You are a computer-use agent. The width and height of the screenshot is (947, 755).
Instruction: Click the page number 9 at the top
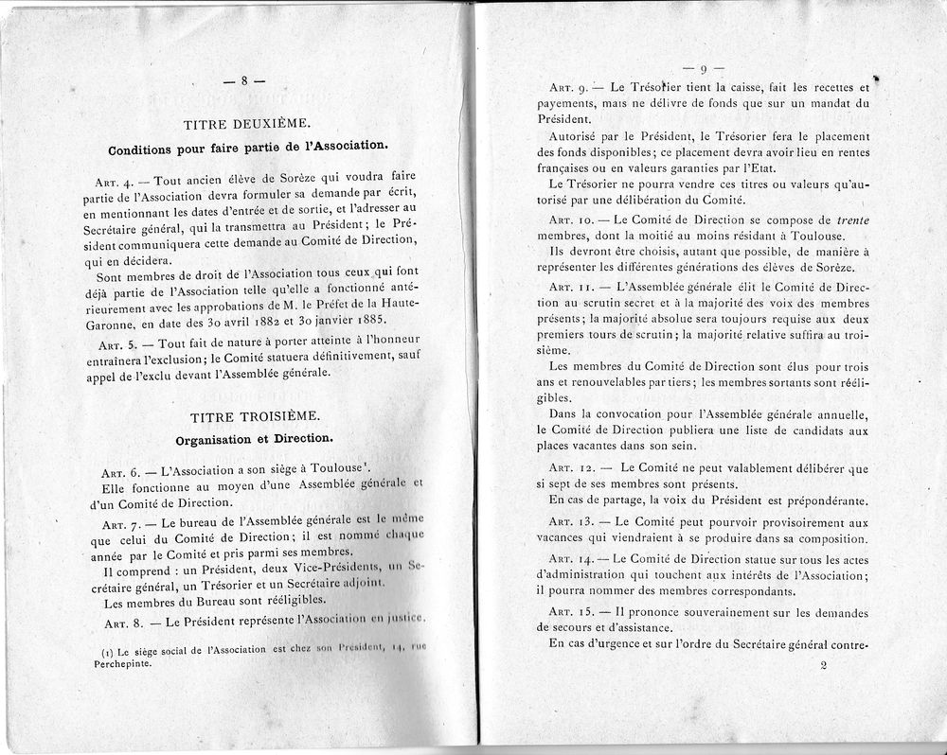coord(705,68)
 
